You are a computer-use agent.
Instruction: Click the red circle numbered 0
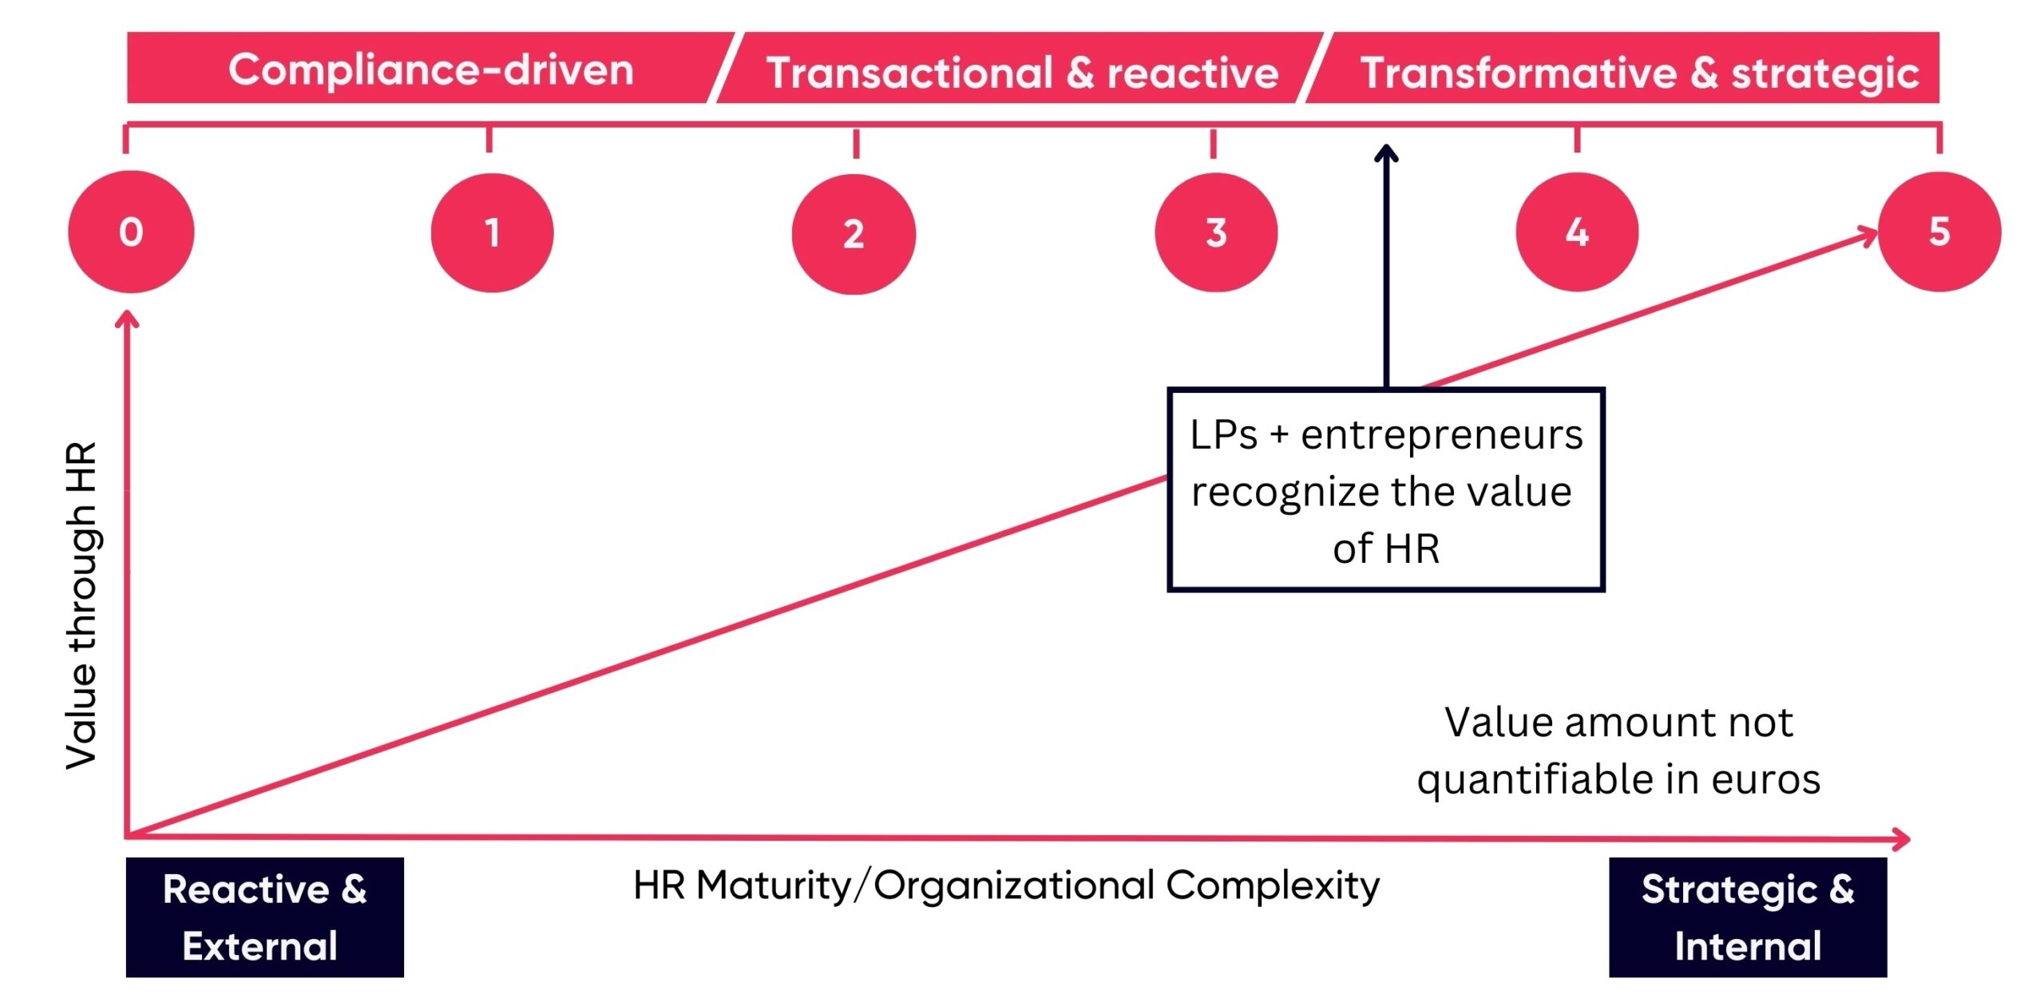coord(131,232)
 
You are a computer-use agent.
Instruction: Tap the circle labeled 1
coord(492,232)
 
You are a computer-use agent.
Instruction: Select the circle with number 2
coord(854,234)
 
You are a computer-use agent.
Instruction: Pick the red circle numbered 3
coord(1215,232)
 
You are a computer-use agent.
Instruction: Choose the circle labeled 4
coord(1577,232)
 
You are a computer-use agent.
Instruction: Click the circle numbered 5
coord(1939,232)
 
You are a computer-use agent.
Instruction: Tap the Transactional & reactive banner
coord(1022,72)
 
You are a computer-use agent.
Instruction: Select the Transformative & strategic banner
coord(1637,72)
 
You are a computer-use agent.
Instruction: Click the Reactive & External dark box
coord(264,917)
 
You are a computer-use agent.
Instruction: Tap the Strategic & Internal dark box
coord(1747,917)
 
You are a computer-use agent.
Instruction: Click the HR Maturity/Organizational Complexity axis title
coord(1006,885)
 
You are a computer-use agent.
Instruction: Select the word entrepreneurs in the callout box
coord(1441,436)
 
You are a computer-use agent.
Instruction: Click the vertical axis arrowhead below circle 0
coord(127,319)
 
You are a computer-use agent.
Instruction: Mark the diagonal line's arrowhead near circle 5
coord(1868,236)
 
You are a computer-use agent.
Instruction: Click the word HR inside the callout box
coord(1412,549)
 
